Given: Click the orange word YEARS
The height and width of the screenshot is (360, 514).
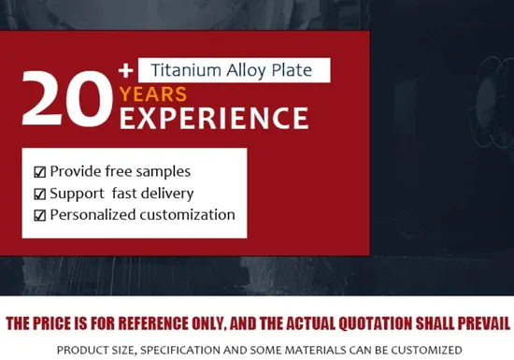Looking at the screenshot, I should (153, 94).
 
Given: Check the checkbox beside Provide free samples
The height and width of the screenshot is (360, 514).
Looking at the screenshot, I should (39, 172).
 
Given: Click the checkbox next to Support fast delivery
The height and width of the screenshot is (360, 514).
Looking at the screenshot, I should (39, 194).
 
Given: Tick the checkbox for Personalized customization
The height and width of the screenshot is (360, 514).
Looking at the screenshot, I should (39, 215).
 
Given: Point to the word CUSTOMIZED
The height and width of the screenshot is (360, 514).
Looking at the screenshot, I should (425, 350).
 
